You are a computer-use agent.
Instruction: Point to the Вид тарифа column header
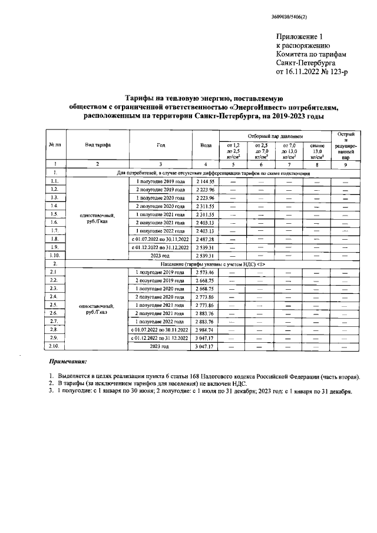(98, 144)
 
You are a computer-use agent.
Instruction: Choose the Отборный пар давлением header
(275, 135)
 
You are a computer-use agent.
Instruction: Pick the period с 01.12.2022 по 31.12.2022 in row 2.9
(160, 339)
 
